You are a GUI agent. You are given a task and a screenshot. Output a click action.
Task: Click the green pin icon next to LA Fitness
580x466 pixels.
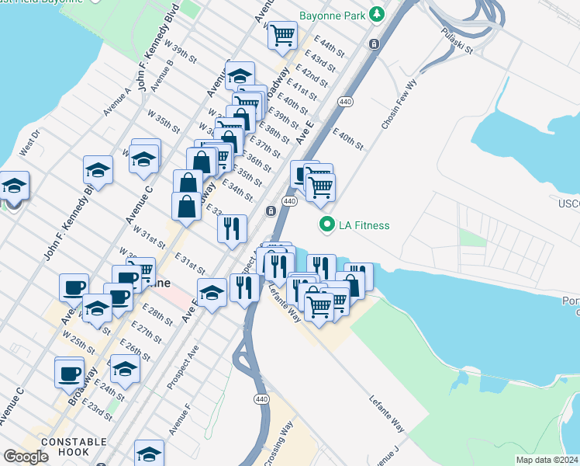[x=326, y=226]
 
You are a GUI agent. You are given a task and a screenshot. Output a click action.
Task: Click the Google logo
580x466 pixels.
[x=26, y=457]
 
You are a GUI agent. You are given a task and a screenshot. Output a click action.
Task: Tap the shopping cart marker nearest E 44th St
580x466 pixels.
[x=284, y=34]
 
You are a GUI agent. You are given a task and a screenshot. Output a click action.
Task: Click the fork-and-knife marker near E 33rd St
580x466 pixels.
[x=232, y=228]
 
